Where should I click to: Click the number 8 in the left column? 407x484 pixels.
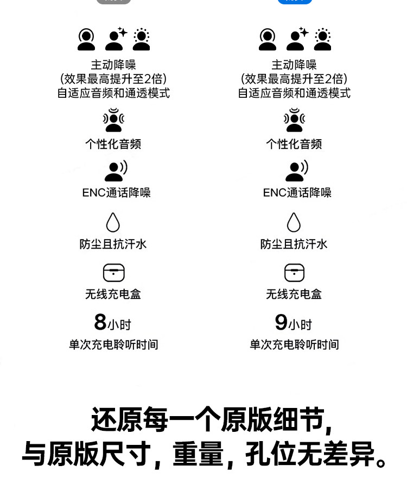click(x=100, y=322)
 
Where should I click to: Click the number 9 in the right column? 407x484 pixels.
click(x=281, y=322)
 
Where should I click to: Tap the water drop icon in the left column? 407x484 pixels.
click(x=113, y=222)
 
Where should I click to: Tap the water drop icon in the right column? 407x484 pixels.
click(x=294, y=222)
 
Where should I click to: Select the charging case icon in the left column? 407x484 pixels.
click(x=113, y=273)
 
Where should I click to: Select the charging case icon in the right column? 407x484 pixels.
click(x=294, y=273)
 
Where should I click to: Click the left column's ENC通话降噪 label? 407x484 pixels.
click(x=116, y=193)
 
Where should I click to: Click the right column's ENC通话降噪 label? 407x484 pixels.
click(x=297, y=193)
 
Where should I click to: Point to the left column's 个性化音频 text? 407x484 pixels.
click(x=113, y=144)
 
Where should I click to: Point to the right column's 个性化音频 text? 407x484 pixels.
click(x=294, y=144)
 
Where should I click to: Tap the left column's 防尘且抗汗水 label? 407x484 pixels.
click(x=113, y=244)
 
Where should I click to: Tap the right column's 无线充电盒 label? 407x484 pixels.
click(x=294, y=294)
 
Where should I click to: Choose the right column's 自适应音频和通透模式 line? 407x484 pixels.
click(x=294, y=93)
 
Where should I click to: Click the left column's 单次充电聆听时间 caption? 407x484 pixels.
click(x=113, y=345)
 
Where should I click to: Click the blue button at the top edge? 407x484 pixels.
click(x=295, y=2)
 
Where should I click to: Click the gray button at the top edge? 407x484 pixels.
click(x=113, y=2)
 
